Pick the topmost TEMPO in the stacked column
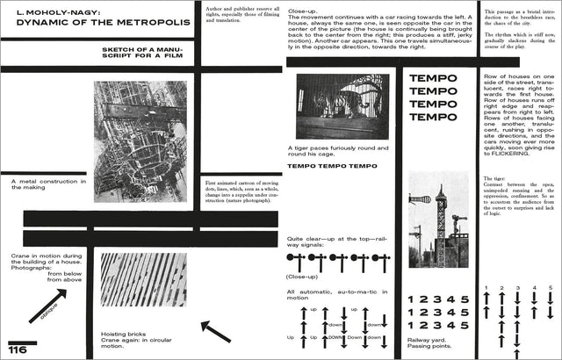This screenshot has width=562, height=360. tap(434, 78)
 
